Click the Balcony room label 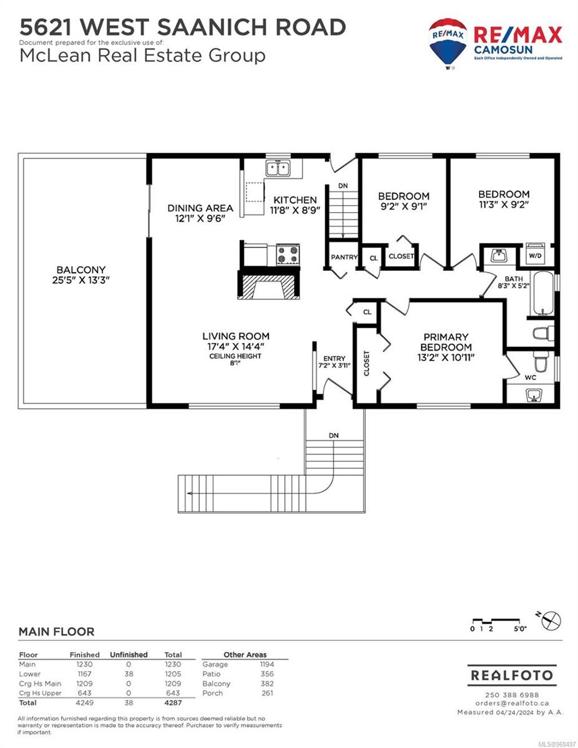81,270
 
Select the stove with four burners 288,255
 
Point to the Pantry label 344,257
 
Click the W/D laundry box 534,254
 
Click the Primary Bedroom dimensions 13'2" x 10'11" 445,357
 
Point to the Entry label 334,359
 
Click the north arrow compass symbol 550,620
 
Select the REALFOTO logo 512,675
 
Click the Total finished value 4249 84,703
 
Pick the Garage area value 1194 267,665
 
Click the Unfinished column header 128,654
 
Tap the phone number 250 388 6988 511,695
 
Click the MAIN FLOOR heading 56,632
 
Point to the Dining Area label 200,208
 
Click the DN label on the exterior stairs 334,435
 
